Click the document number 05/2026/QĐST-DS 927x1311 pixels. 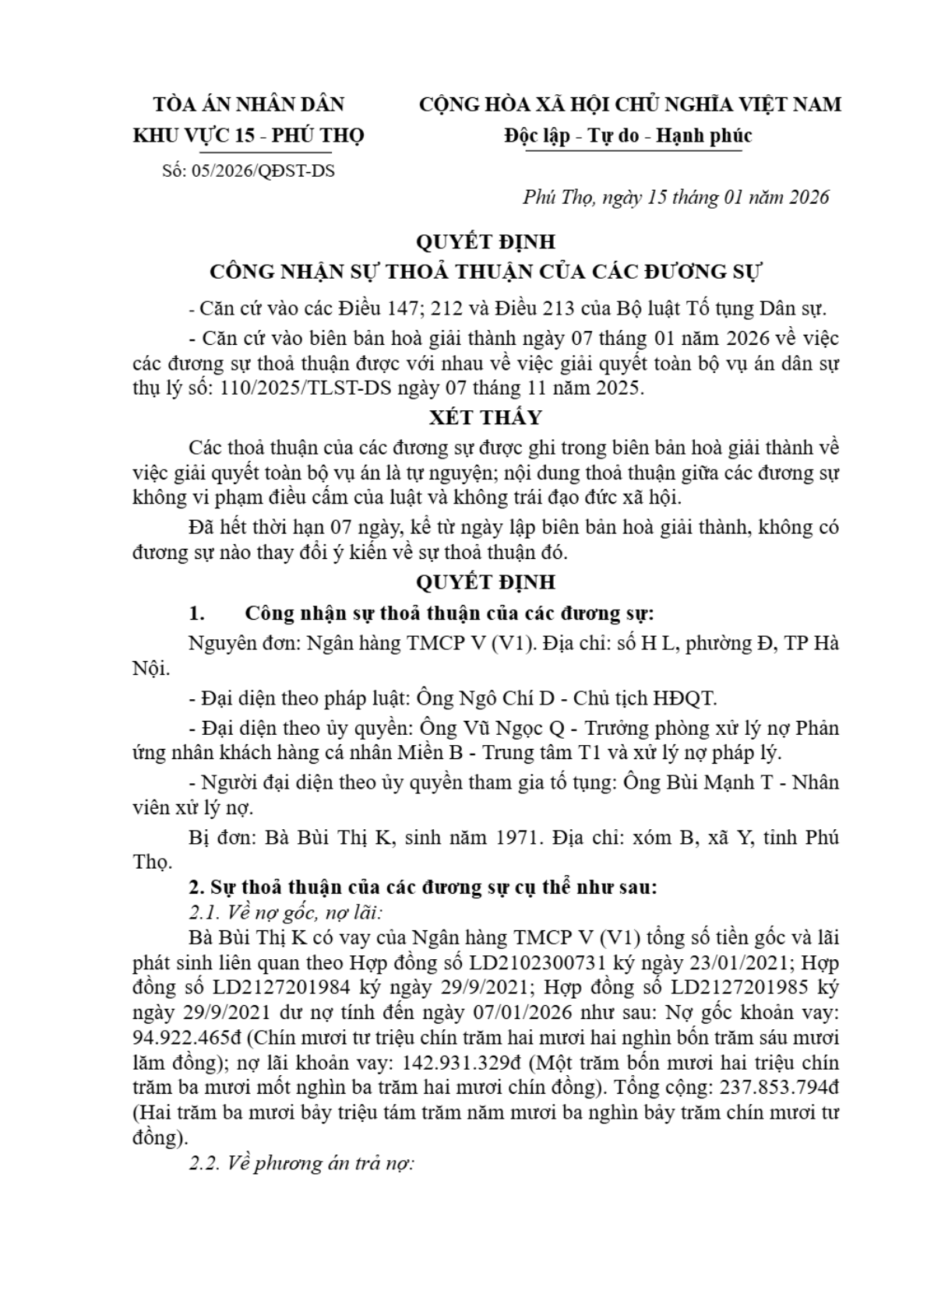point(260,170)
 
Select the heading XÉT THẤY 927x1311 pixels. point(485,417)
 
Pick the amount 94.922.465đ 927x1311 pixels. point(182,1037)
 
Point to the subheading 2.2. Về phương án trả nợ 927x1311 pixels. point(301,1163)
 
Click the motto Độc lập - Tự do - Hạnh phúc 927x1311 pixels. point(628,135)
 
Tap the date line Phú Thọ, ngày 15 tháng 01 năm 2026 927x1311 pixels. point(675,197)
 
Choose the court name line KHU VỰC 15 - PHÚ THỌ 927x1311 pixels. point(248,135)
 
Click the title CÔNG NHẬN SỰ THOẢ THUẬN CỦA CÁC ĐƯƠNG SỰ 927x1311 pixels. point(486,272)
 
